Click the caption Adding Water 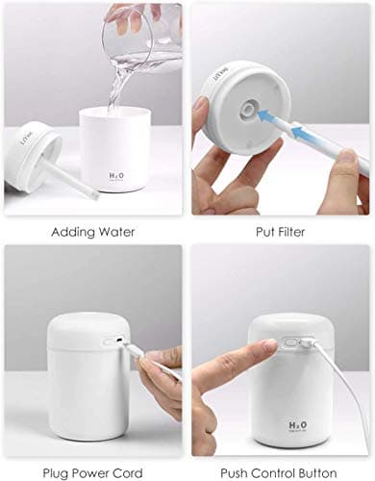92,231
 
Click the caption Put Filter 280,231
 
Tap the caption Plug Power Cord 92,471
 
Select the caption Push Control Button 281,471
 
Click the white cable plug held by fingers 135,353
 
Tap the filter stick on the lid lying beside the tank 68,178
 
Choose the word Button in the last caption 322,471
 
